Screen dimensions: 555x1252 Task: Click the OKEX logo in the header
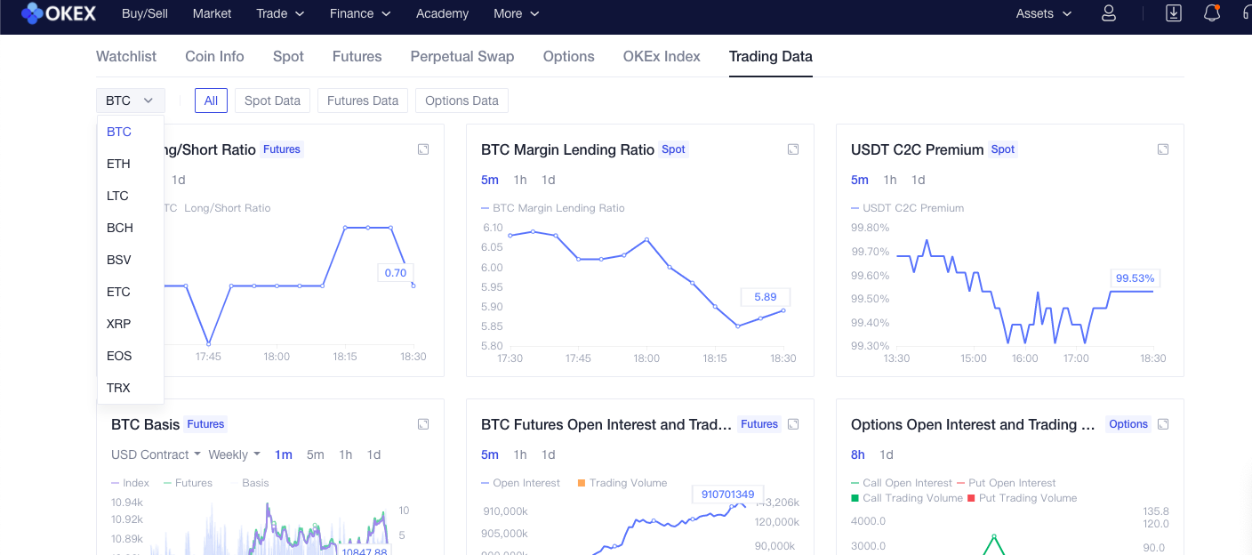coord(58,13)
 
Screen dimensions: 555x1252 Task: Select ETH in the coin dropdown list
coord(118,164)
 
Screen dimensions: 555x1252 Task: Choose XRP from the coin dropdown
coord(118,324)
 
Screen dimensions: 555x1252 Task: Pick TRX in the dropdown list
coord(118,388)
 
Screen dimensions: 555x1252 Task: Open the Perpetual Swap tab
coord(461,56)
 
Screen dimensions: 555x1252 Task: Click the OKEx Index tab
coord(662,56)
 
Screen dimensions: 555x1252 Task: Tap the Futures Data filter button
coord(363,101)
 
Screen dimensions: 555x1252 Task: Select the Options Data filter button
coord(461,101)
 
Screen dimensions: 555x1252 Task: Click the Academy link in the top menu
coord(442,13)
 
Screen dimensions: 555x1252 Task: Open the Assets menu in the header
coord(1043,13)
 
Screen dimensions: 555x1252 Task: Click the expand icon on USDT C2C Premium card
coord(1163,149)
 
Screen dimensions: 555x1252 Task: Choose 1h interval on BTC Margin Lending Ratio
coord(520,180)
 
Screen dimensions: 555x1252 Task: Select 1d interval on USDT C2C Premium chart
coord(919,180)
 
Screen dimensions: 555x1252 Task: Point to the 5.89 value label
coord(765,297)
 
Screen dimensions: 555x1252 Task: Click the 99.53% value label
coord(1134,278)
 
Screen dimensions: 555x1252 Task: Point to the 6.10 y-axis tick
coord(493,228)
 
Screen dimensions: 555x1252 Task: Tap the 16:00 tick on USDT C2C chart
coord(1024,358)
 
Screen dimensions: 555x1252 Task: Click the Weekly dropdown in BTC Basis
coord(234,454)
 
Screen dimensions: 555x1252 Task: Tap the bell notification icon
coord(1211,13)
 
